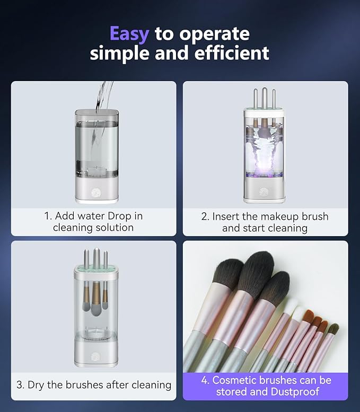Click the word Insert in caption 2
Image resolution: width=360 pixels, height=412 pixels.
(x=227, y=216)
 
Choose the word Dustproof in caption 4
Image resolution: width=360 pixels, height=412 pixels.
(x=294, y=392)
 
